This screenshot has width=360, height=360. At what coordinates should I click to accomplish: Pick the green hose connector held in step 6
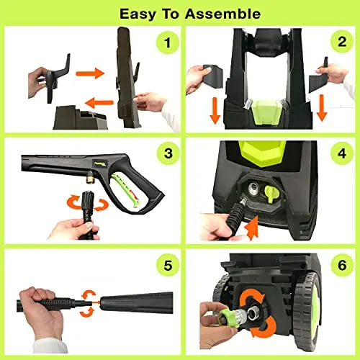tap(216, 315)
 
